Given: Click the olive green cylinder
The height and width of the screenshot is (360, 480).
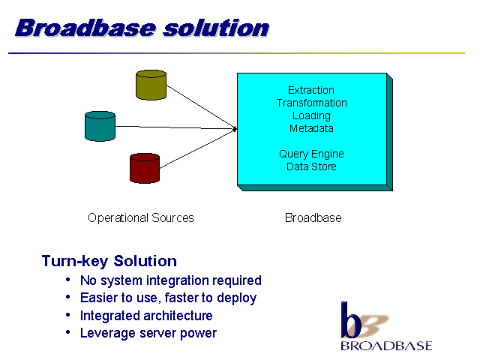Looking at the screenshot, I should point(151,85).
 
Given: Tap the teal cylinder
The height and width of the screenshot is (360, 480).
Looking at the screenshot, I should point(100,126).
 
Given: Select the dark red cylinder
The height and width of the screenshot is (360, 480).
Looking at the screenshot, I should point(145,168).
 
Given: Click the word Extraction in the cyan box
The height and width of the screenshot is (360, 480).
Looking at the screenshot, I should point(311,90).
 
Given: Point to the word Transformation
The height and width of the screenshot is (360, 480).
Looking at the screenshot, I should point(311,103).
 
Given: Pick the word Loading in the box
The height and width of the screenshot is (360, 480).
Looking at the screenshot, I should point(311,115).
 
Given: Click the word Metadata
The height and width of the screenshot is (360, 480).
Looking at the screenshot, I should point(311,128).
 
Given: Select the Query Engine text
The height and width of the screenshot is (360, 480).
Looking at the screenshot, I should point(311,154).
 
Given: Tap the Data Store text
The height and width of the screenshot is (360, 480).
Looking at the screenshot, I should point(311,166).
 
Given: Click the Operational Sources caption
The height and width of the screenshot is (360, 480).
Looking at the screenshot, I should point(141,218).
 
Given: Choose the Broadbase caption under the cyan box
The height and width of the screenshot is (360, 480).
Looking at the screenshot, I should point(313,218).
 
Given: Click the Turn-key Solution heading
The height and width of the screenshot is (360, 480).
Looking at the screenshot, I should point(109,261).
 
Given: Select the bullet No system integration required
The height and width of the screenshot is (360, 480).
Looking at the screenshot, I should point(170,280).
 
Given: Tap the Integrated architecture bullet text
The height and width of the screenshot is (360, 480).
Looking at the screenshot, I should point(146,316).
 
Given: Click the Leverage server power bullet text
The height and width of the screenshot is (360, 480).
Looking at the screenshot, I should point(148,333).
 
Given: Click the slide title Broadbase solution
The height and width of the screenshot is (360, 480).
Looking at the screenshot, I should point(142,28).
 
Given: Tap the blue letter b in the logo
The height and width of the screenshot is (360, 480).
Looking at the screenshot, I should point(349,320).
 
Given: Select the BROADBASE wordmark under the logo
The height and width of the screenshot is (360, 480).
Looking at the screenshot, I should point(386,346).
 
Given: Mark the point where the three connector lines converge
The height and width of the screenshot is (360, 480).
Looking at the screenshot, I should point(235,129).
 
